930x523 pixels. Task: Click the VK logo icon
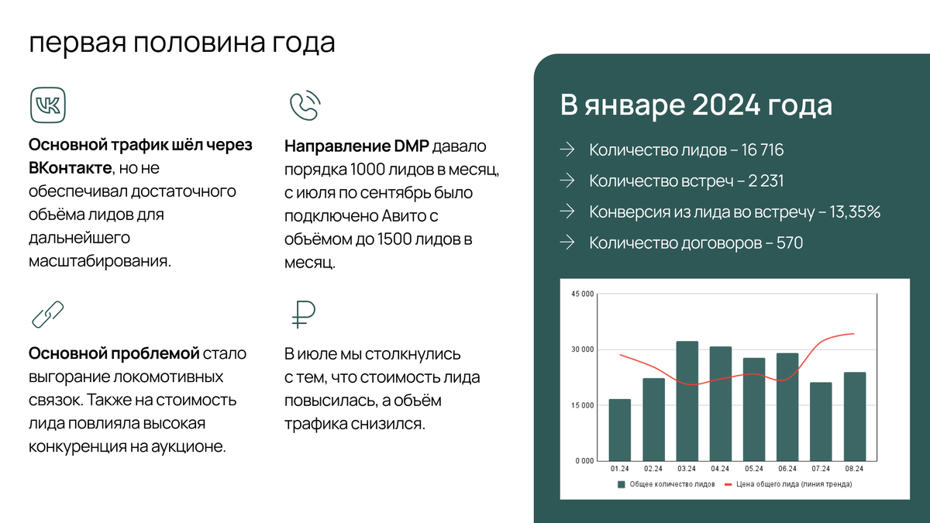tap(48, 105)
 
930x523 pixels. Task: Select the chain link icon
tap(48, 315)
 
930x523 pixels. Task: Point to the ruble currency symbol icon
tap(303, 315)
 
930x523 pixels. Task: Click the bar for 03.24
tap(687, 401)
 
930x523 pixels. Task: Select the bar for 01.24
tap(619, 429)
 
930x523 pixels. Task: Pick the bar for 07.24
tap(821, 421)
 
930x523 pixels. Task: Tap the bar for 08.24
tap(854, 416)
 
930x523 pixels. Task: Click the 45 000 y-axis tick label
tap(583, 294)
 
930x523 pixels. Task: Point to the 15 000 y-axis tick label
tap(583, 405)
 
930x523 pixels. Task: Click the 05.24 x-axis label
tap(753, 469)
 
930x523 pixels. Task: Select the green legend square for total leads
tap(621, 484)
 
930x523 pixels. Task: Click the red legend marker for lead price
tap(728, 484)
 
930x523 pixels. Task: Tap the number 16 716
tap(763, 150)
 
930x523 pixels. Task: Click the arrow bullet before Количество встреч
tap(567, 181)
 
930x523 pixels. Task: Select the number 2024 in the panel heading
tap(725, 105)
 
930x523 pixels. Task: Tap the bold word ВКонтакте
tap(71, 168)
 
